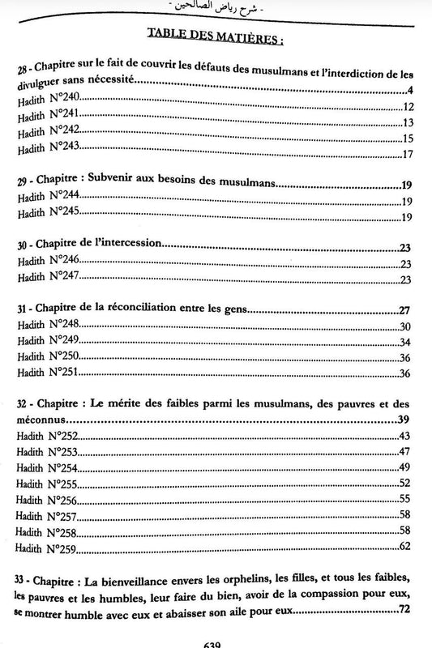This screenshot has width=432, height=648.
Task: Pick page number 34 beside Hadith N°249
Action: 406,342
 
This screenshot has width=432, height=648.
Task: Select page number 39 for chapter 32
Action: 406,422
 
